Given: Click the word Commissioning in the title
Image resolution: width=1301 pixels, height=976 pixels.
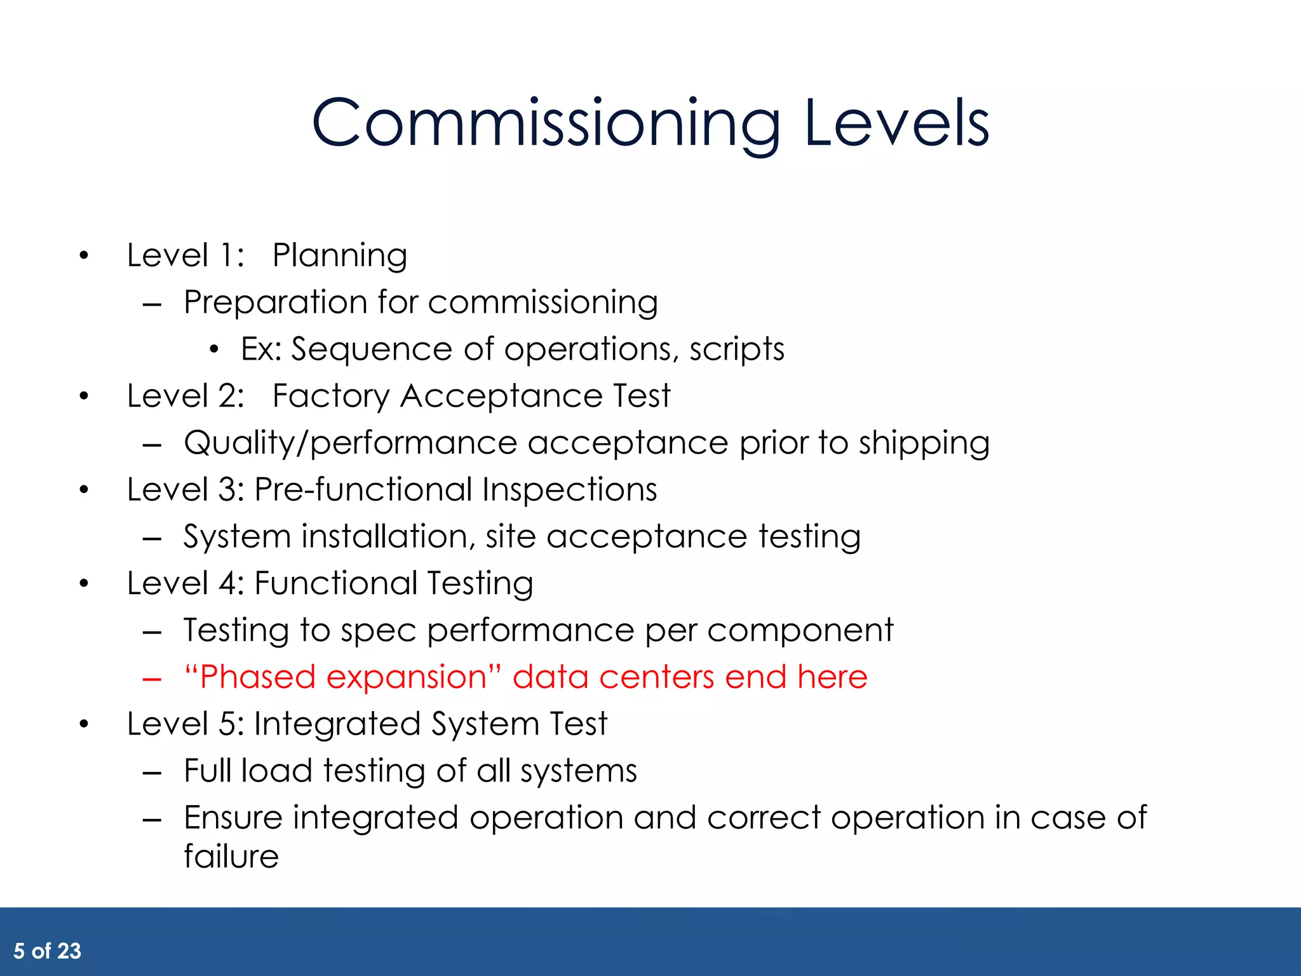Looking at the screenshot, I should tap(545, 124).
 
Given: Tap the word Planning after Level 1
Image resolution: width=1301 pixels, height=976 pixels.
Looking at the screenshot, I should tap(340, 256).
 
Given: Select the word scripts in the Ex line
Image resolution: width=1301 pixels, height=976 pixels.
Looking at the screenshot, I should tap(737, 349).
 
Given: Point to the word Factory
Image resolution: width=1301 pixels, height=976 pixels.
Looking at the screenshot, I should tap(330, 396).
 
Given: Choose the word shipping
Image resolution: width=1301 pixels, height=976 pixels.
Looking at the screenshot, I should tap(924, 443).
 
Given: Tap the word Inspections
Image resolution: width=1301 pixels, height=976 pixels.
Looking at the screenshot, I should tap(569, 490).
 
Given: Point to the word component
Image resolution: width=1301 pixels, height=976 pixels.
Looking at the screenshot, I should tap(800, 631).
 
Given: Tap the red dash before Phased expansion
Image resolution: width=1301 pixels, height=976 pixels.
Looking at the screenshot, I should tap(152, 679).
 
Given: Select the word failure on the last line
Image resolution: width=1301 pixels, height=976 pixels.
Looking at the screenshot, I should tap(231, 857).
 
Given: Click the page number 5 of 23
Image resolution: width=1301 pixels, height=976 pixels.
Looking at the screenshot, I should tap(48, 951).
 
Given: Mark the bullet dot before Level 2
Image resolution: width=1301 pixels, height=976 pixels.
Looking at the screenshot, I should tap(84, 397).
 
